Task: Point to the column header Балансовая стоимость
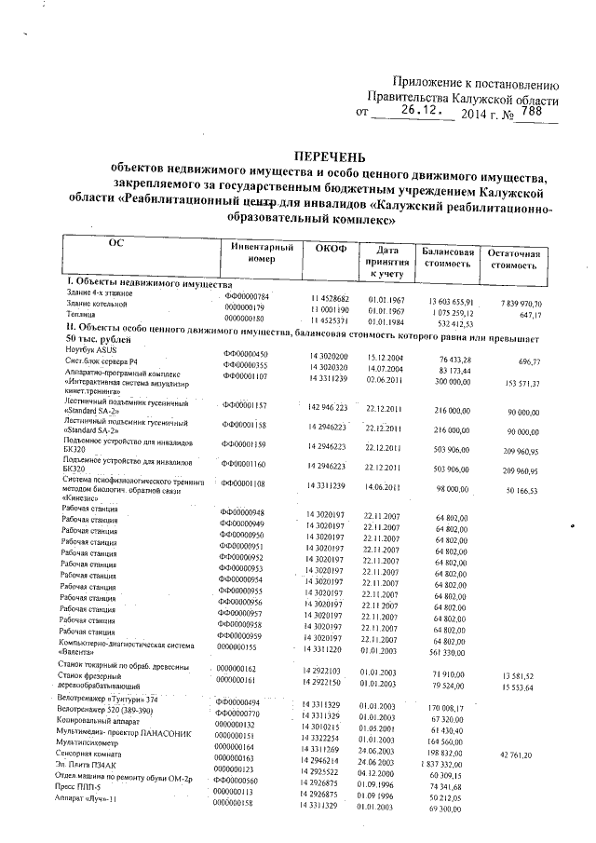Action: click(x=449, y=259)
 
